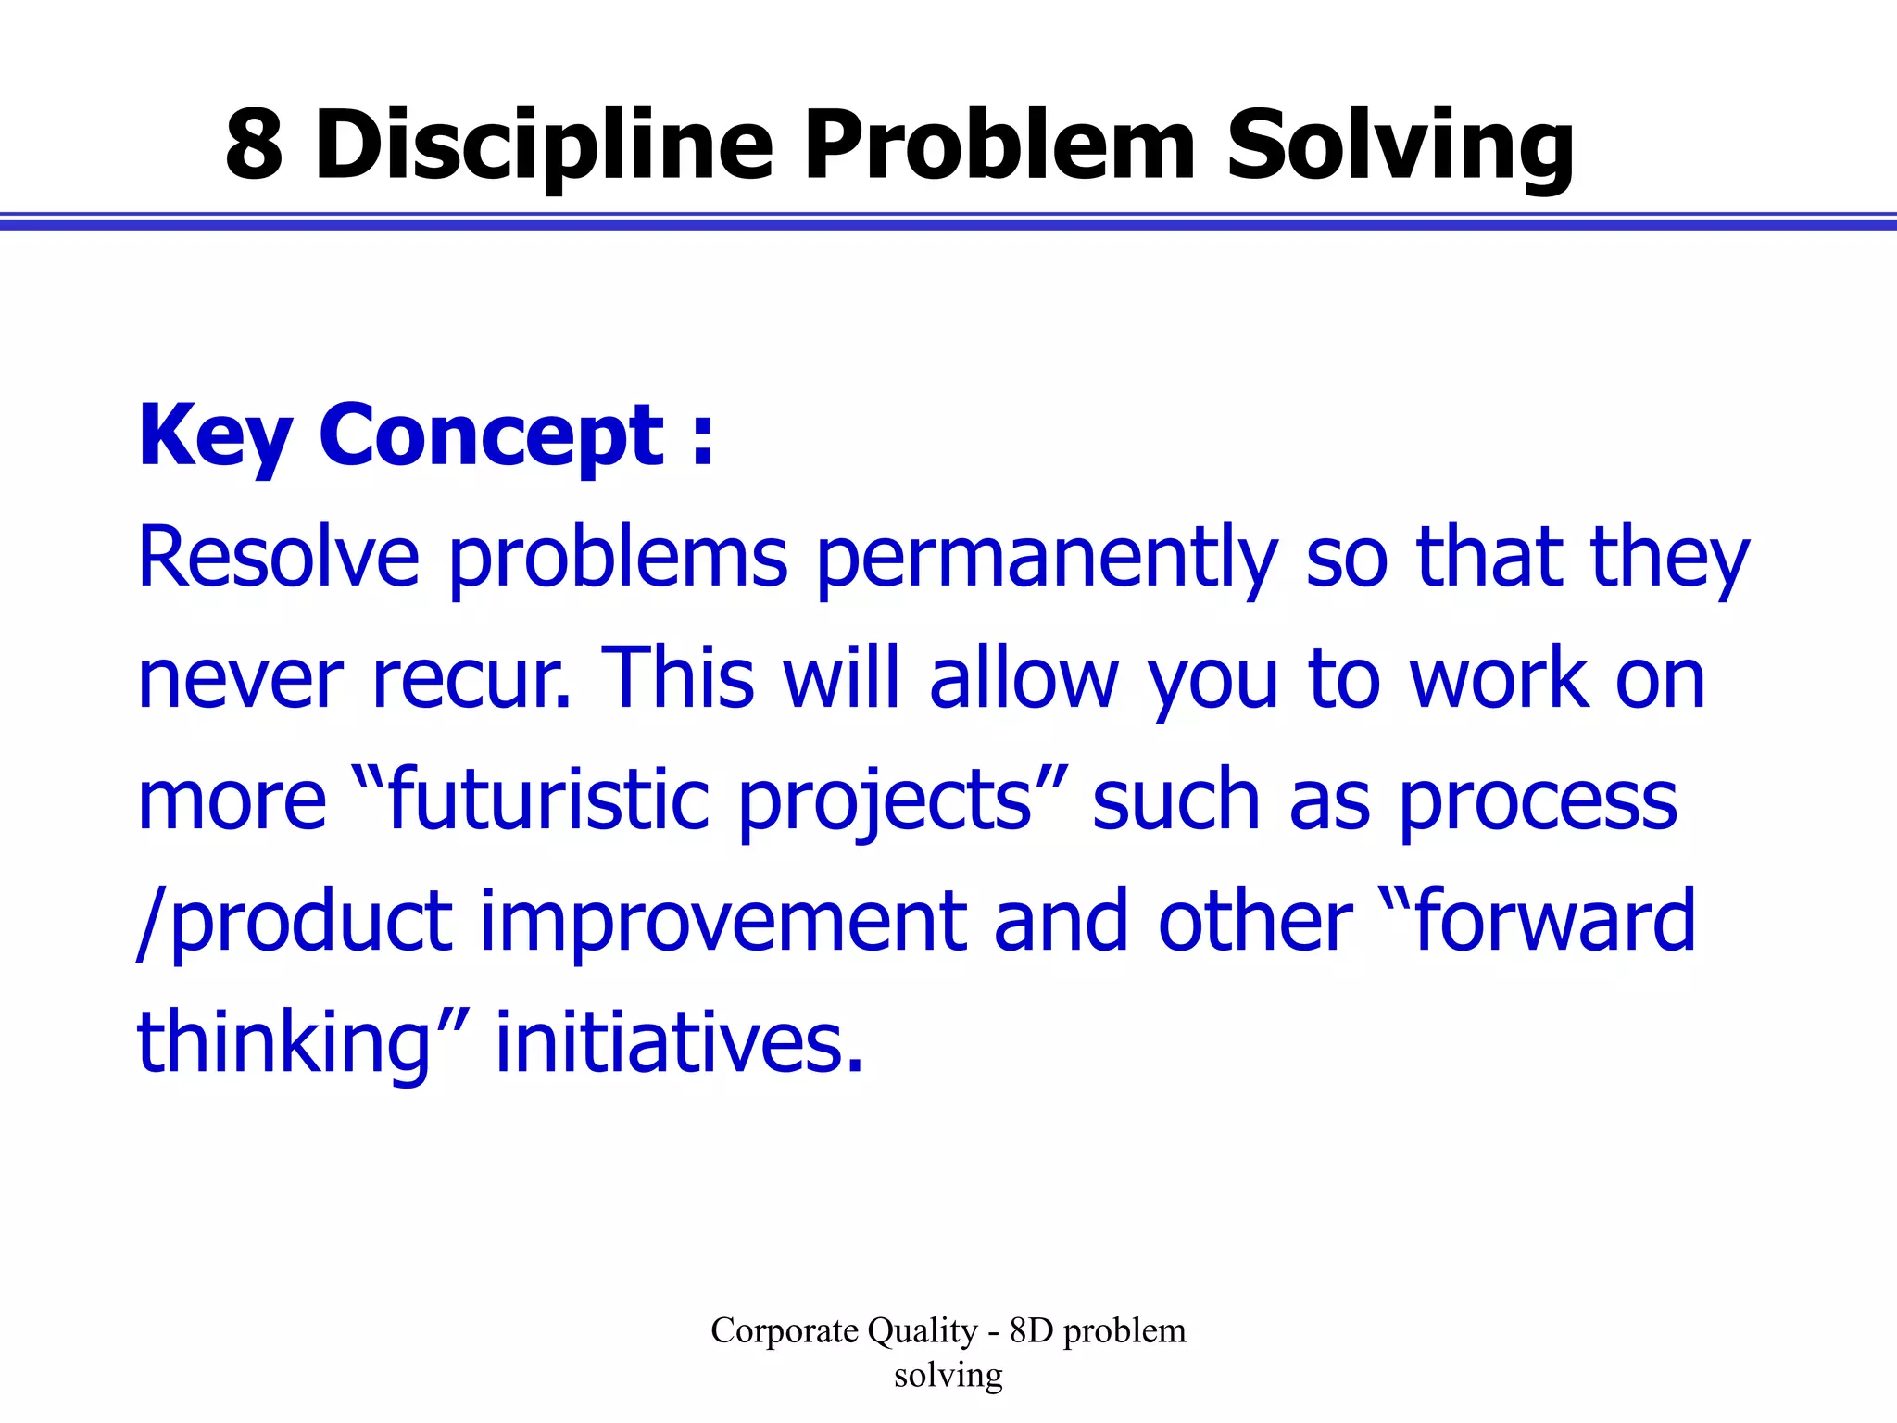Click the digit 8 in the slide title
[254, 145]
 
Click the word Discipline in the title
[544, 146]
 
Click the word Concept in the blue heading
[492, 437]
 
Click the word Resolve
[279, 558]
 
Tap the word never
[240, 681]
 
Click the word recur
[470, 681]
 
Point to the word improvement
[722, 922]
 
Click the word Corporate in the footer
[784, 1331]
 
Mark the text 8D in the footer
[1031, 1331]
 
